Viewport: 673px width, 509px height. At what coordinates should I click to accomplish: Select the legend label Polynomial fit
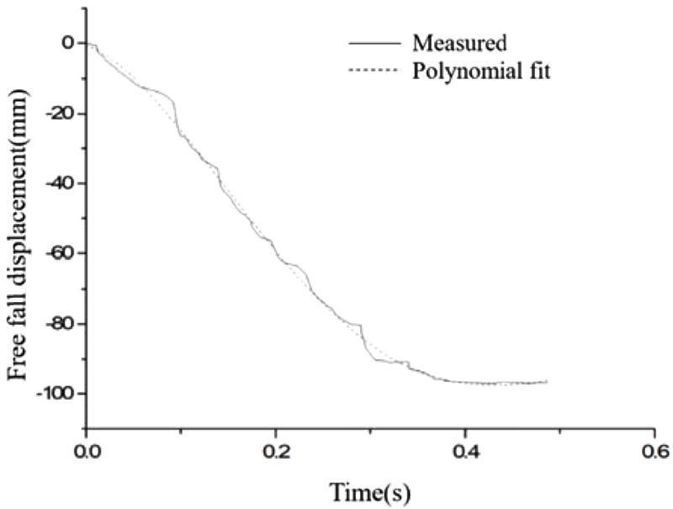pyautogui.click(x=481, y=72)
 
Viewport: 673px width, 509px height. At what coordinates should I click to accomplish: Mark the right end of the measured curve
pyautogui.click(x=547, y=381)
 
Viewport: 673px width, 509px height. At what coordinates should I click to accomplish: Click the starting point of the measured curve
pyautogui.click(x=87, y=43)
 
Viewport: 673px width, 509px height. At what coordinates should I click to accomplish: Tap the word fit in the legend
pyautogui.click(x=538, y=72)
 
